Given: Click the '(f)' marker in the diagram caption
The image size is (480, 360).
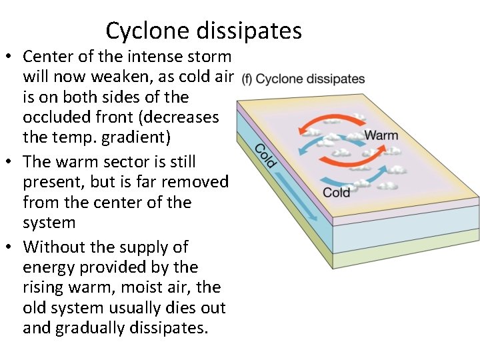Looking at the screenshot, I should click(247, 79).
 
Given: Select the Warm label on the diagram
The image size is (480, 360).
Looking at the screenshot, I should click(381, 136).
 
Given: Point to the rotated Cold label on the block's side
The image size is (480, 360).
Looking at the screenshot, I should click(265, 156).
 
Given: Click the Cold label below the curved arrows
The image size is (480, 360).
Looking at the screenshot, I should click(337, 193).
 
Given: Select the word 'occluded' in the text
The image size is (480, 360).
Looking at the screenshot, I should click(55, 117).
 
